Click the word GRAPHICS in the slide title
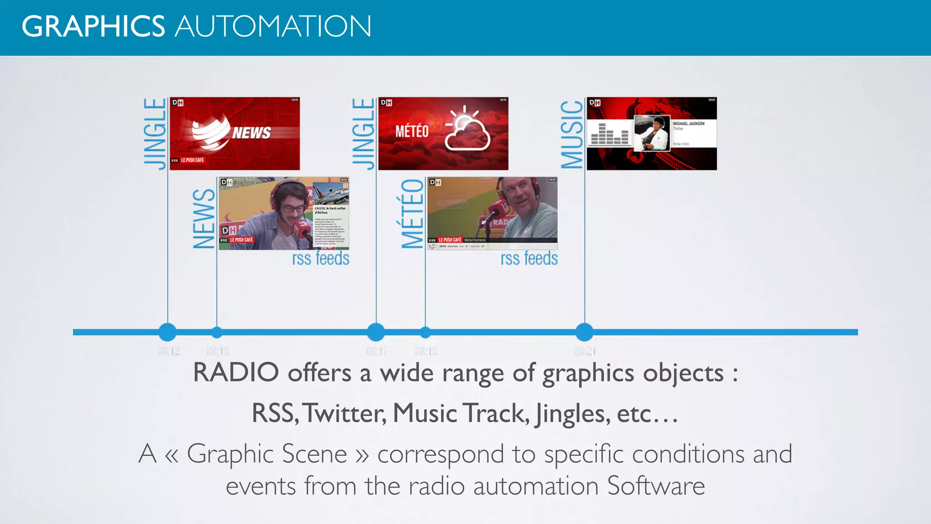coord(93,26)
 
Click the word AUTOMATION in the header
coord(273,26)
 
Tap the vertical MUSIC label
coord(572,135)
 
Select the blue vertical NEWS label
coord(204,219)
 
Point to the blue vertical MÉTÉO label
coord(413,214)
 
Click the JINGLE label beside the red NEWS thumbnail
coord(155,134)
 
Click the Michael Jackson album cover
coord(652,133)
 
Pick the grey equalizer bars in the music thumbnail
coord(609,134)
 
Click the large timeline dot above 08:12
coord(168,332)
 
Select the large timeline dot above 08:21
coord(585,332)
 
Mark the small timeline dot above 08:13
coord(217,333)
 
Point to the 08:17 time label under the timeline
coord(376,351)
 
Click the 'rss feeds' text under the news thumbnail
coord(320,258)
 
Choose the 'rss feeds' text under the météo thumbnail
coord(529,258)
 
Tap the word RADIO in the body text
coord(236,373)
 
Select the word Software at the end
coord(656,486)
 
